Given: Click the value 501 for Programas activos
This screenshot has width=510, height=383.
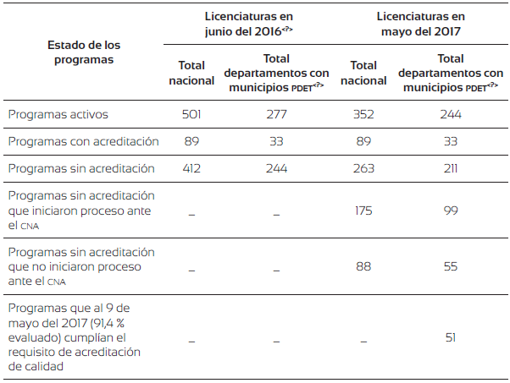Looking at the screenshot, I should (191, 114).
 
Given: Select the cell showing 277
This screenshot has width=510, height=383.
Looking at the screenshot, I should (276, 114).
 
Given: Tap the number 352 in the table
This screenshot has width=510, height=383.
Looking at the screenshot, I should (363, 114).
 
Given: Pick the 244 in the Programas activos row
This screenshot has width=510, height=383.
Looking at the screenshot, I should (450, 114).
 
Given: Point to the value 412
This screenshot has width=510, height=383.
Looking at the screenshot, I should (191, 168).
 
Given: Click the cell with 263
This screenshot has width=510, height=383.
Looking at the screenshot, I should (363, 168).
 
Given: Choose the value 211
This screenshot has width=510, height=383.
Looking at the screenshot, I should (450, 168).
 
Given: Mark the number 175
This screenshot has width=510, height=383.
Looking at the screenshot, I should (363, 211).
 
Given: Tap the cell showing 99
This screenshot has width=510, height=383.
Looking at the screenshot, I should (450, 211).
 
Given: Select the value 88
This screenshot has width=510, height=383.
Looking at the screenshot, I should (363, 266).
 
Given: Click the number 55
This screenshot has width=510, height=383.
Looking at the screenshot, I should (450, 266).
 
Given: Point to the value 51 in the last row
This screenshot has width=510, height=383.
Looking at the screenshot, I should (450, 337).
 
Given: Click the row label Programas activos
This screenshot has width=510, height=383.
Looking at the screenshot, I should (58, 114).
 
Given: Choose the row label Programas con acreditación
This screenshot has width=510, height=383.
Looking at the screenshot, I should (83, 141).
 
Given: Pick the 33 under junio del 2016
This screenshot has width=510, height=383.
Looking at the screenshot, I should (276, 141).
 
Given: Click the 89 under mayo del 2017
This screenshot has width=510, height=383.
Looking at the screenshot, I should (363, 141).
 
